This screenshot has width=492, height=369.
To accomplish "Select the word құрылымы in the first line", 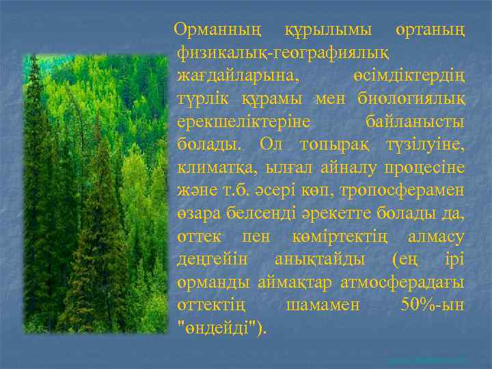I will pyautogui.click(x=319, y=30).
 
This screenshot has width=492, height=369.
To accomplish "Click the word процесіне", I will pyautogui.click(x=424, y=167).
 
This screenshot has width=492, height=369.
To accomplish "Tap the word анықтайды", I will pyautogui.click(x=319, y=259).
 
